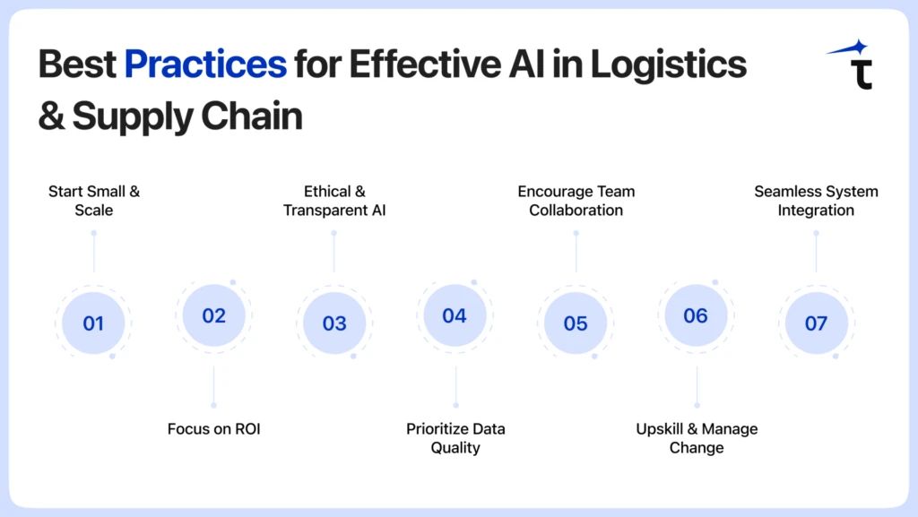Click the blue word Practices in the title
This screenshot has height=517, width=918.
point(205,65)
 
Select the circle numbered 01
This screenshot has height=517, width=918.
point(93,323)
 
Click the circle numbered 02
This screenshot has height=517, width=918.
point(213,315)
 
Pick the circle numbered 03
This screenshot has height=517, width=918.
point(334,323)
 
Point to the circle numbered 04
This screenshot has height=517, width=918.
point(455,315)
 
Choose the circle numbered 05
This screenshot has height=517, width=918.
point(576,323)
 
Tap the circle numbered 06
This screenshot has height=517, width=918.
point(696,315)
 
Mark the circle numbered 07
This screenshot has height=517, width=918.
point(816,323)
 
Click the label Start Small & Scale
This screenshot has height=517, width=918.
point(94,201)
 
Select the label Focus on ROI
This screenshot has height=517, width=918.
point(213,429)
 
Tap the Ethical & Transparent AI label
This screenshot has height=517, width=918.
point(334,201)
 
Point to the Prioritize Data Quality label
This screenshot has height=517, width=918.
point(455,438)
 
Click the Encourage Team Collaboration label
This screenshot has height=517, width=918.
point(576,201)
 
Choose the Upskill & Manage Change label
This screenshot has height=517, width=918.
point(697,438)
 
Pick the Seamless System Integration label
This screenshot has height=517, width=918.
point(816,201)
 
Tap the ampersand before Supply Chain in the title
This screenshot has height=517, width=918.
point(51,116)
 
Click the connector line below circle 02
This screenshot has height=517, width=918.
point(213,385)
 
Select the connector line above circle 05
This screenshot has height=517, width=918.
point(576,253)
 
